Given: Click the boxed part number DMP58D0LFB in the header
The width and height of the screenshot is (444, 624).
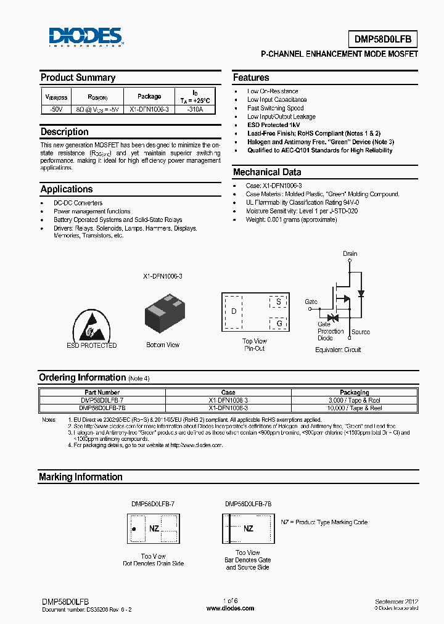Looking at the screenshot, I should pos(386,39).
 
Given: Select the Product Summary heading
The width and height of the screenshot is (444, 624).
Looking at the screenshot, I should pos(78,78).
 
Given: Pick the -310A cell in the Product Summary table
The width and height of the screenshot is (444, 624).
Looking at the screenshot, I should pos(194,109).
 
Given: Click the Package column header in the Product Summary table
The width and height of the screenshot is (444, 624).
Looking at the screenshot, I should pos(149,96).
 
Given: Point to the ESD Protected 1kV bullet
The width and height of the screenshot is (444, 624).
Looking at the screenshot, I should pos(273,125).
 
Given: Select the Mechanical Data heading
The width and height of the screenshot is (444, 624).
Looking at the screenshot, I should pos(267,173).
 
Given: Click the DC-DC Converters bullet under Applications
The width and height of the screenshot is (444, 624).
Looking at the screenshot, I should pos(78,203).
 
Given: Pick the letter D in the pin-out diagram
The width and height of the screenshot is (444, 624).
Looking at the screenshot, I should pos(234,311).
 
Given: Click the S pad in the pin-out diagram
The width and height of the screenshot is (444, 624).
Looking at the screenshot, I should pos(279,302).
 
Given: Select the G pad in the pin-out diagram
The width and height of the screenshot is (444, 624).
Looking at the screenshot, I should pos(279,323).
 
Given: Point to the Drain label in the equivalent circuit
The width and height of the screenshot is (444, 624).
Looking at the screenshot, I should pos(350,253).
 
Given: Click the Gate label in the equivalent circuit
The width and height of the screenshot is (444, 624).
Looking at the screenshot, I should pos(311,302).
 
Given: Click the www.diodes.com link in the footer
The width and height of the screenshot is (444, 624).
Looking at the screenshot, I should pos(230,608).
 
